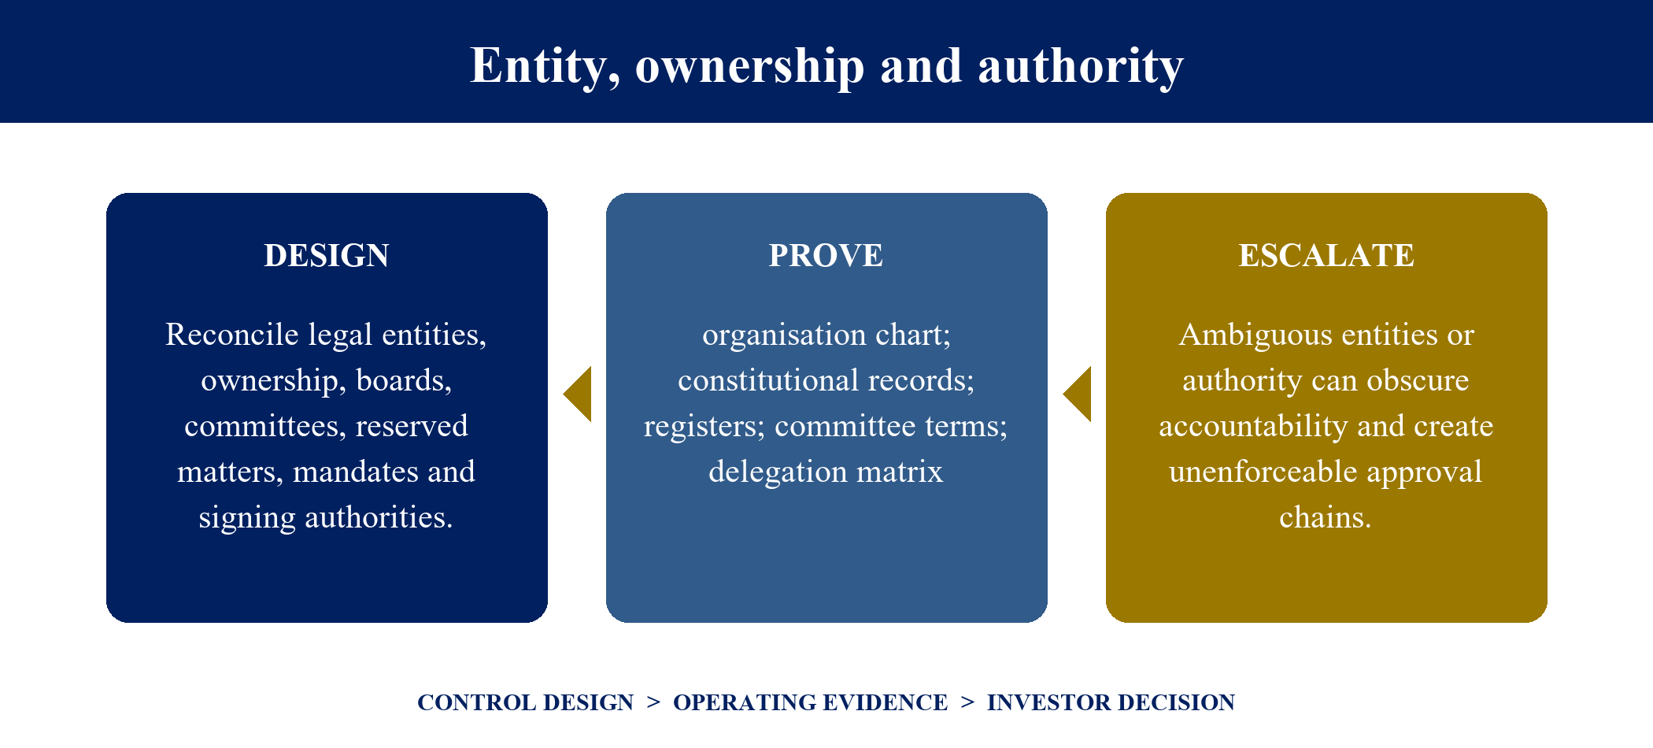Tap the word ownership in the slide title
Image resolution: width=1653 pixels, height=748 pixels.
point(750,66)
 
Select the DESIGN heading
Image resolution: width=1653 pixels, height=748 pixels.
point(327,256)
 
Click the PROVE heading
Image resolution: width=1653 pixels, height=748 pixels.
point(826,256)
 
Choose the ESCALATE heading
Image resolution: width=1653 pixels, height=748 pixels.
point(1326,256)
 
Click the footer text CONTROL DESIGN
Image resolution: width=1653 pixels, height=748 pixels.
point(525,702)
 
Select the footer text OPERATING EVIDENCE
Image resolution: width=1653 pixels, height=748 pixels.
point(810,702)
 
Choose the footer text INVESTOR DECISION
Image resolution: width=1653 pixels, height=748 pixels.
point(1111,702)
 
